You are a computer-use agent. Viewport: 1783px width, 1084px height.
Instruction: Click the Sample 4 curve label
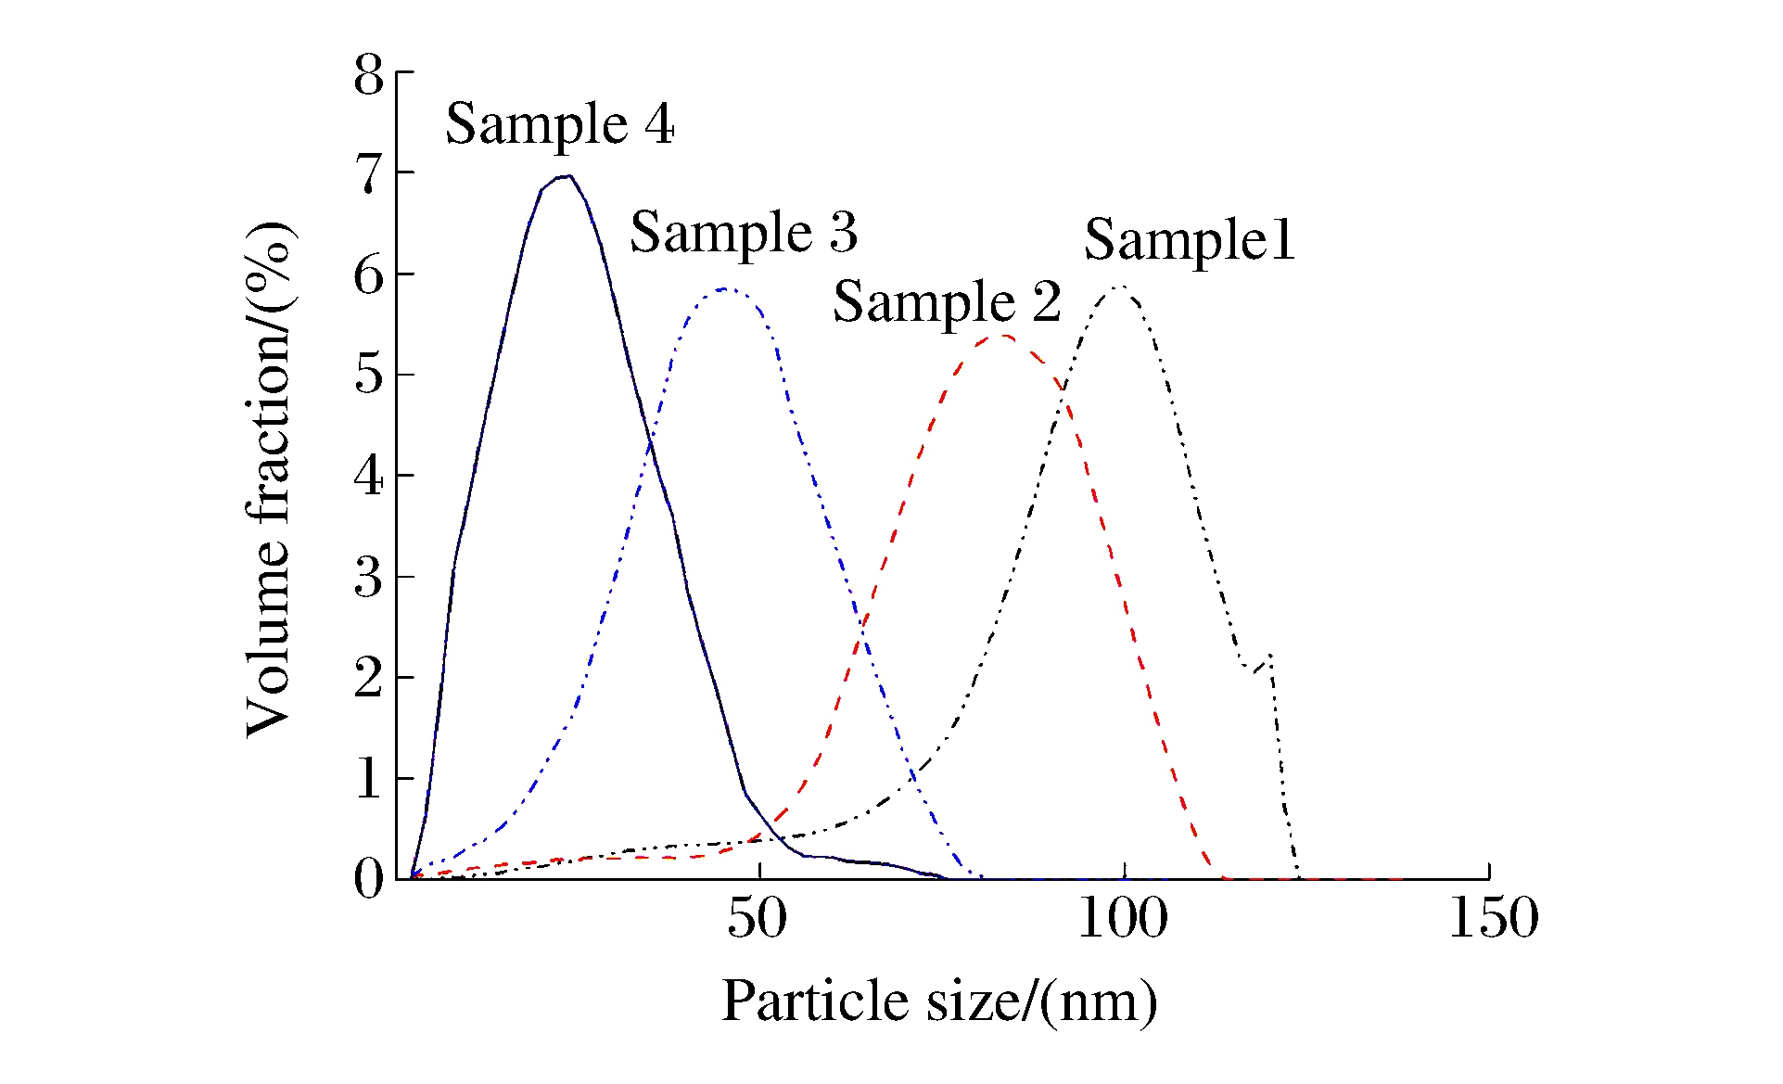(559, 125)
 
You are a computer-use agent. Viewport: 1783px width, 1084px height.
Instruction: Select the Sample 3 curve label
(744, 232)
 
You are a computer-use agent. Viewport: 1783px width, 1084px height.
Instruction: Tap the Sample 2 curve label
(947, 302)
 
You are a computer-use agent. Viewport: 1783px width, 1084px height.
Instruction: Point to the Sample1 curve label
(1190, 240)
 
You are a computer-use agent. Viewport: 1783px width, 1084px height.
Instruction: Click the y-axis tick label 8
(368, 75)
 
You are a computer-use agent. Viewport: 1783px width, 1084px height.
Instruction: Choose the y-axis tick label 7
(368, 173)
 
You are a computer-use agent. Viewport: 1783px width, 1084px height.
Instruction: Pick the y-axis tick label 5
(368, 375)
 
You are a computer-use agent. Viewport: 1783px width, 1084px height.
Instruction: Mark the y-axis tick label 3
(368, 577)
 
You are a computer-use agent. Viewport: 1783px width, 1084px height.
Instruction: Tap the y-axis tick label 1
(368, 778)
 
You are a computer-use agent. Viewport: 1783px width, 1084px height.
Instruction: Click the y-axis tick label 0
(368, 877)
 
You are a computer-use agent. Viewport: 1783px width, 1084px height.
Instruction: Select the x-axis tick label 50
(757, 919)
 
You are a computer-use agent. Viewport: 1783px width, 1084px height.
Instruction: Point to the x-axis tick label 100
(1123, 919)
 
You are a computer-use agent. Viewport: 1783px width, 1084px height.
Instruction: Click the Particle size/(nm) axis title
(939, 1001)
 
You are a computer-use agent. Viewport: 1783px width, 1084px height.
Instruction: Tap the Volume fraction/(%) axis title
(269, 479)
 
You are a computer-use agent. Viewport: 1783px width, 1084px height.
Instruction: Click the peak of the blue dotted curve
(726, 288)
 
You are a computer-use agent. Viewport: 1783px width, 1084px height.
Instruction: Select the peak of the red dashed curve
(1003, 335)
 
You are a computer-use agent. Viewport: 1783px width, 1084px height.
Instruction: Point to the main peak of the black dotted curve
(1120, 287)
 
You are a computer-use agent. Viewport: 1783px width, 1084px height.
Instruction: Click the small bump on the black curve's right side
(1268, 656)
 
